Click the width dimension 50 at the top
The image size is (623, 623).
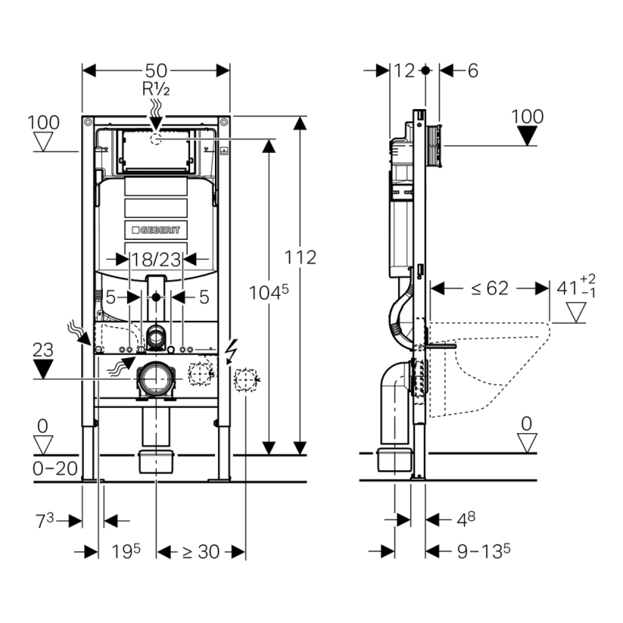coord(156,71)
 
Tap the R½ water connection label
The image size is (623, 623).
coord(155,89)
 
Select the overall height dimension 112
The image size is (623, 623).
coord(301,257)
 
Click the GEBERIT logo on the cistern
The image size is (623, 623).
coord(156,229)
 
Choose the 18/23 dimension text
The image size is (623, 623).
coord(156,258)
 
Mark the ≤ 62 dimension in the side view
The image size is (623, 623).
coord(489,288)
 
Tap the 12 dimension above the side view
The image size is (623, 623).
coord(404,71)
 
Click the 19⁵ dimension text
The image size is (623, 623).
coord(125,551)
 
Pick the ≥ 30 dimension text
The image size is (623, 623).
coord(201,551)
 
